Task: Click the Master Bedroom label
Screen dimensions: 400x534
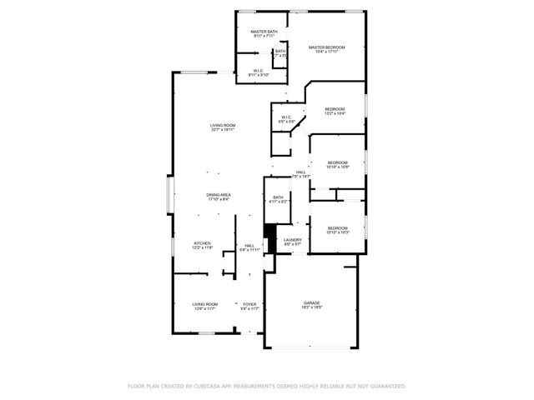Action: tap(326, 47)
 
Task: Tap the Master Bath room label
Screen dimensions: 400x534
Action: tap(264, 32)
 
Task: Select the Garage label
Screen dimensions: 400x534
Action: tap(311, 302)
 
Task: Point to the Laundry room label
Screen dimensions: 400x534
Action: tap(292, 240)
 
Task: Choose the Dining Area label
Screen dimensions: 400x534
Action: tap(219, 195)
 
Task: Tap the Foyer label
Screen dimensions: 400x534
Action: tap(249, 304)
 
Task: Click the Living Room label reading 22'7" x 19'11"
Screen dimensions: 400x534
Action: tap(222, 125)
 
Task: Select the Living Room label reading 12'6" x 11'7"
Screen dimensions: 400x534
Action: tap(204, 304)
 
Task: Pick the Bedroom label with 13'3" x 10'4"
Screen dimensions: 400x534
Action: tap(335, 109)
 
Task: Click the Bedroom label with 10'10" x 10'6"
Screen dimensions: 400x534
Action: tap(337, 162)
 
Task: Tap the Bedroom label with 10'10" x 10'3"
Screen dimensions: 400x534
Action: tap(337, 228)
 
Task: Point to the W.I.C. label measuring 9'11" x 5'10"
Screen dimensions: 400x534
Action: tap(258, 71)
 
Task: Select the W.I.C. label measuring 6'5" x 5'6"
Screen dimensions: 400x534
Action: tap(286, 117)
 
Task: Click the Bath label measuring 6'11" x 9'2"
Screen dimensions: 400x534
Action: tap(278, 197)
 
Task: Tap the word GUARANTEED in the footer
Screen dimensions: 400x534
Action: tap(385, 386)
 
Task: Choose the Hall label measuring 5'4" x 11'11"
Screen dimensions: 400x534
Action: tap(249, 246)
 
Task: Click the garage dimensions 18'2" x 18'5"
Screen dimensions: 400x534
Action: tap(311, 308)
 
